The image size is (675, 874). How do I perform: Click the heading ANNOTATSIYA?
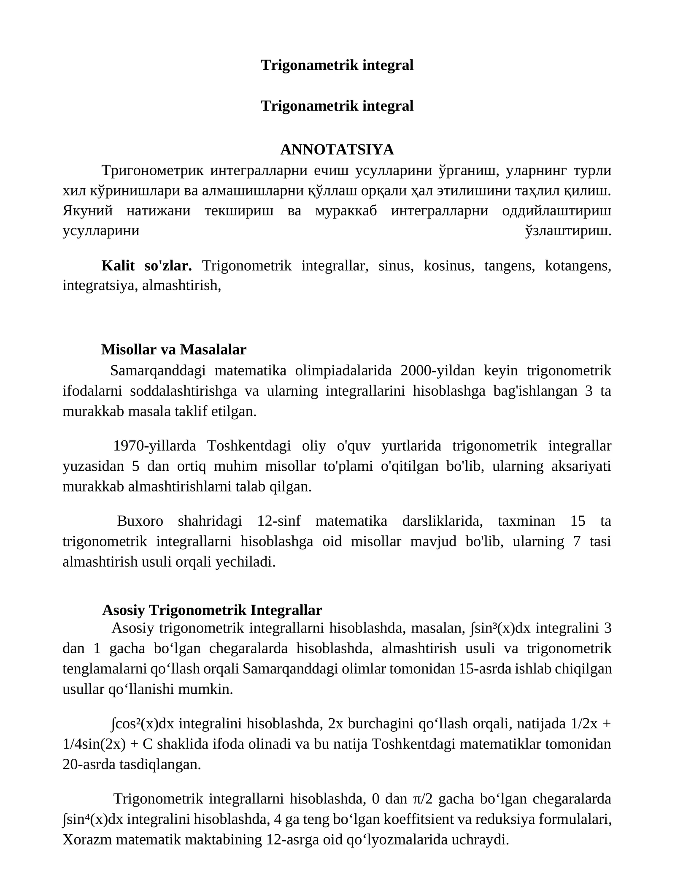(337, 149)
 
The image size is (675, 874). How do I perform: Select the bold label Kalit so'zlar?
(146, 266)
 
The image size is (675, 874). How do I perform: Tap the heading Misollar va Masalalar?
(174, 349)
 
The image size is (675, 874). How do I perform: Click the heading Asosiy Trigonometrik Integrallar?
(212, 610)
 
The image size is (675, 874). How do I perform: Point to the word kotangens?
(578, 266)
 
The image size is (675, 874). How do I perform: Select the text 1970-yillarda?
(154, 445)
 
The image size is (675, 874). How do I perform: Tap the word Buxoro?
(140, 521)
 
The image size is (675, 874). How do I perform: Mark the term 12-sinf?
(279, 521)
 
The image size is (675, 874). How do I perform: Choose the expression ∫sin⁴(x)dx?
(93, 819)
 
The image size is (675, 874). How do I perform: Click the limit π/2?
(422, 798)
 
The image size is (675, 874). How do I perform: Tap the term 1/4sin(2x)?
(94, 744)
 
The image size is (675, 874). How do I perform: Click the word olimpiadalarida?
(343, 370)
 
